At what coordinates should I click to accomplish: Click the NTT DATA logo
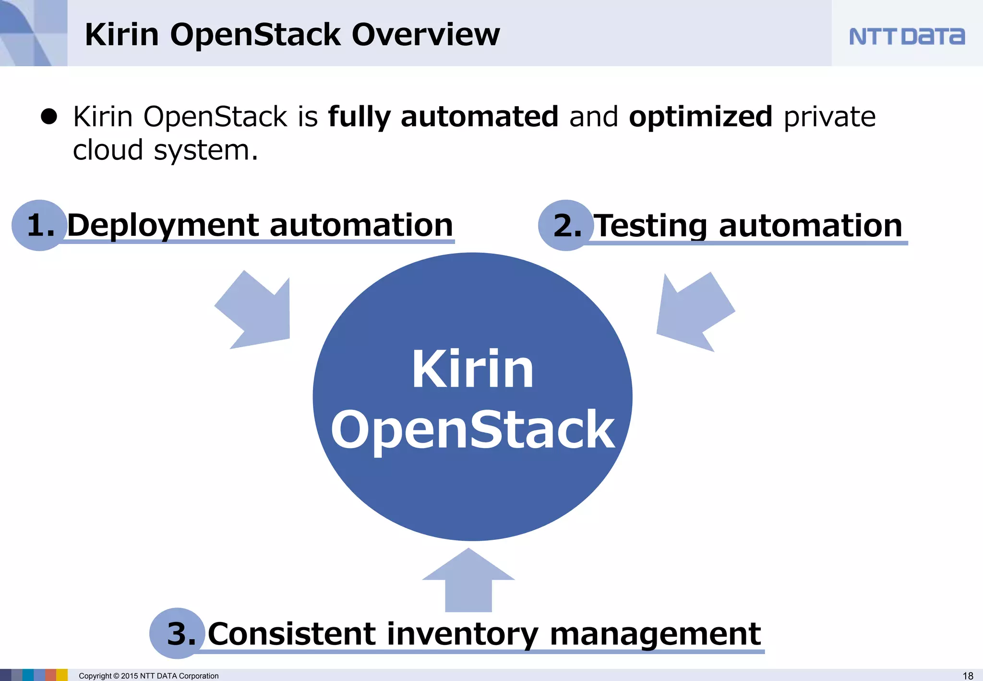(x=906, y=36)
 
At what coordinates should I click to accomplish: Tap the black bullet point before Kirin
(x=49, y=116)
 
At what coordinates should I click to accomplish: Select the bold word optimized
(x=700, y=117)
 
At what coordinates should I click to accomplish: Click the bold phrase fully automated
(x=443, y=117)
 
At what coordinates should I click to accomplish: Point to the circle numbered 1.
(x=39, y=225)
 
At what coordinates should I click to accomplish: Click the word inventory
(x=462, y=634)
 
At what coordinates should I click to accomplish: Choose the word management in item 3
(x=655, y=634)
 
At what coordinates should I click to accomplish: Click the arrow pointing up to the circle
(x=468, y=581)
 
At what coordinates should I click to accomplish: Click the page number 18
(x=968, y=676)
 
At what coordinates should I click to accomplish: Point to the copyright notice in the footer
(x=148, y=676)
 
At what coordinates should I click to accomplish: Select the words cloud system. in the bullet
(x=165, y=150)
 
